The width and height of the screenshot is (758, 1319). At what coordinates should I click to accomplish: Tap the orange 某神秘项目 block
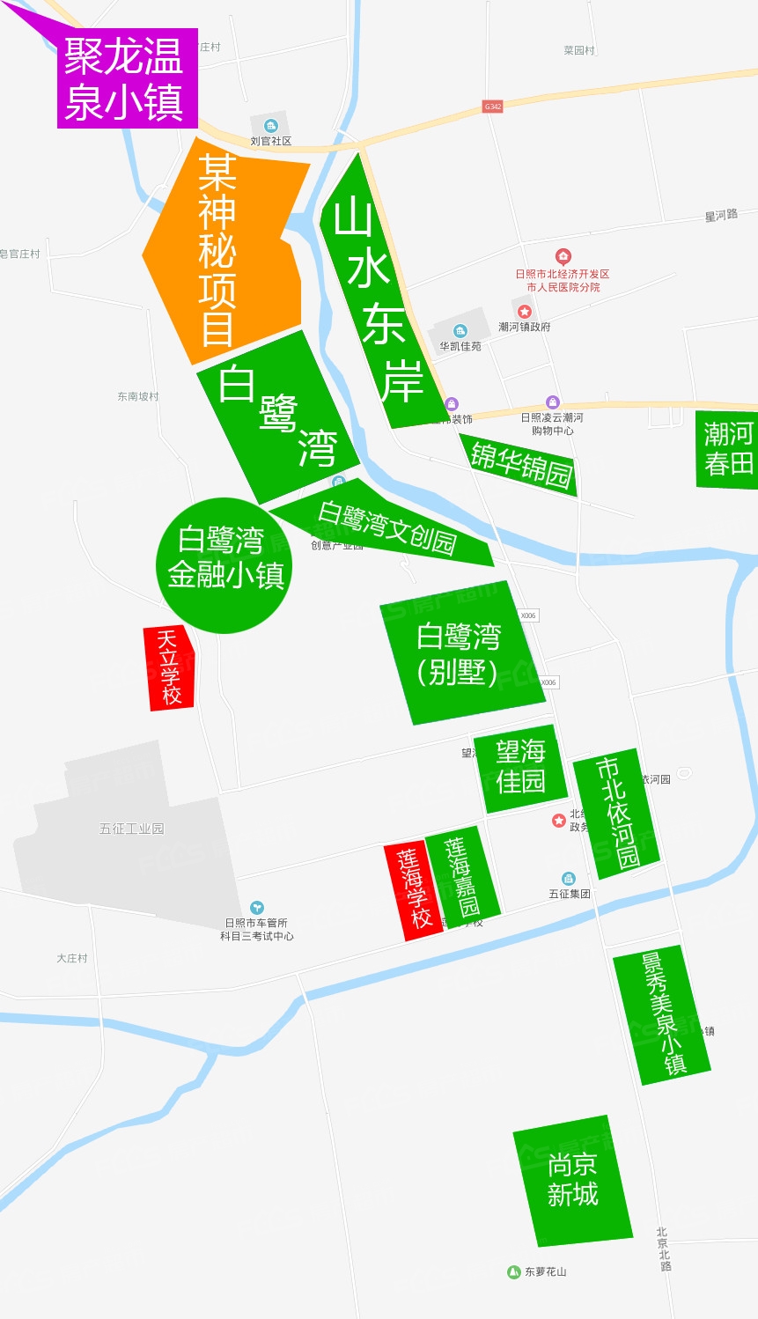(x=224, y=251)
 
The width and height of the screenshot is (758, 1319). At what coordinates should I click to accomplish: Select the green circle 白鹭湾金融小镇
(x=225, y=558)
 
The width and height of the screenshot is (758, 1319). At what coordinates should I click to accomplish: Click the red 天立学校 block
(x=169, y=667)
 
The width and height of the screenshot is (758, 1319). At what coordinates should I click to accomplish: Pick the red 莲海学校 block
(x=412, y=890)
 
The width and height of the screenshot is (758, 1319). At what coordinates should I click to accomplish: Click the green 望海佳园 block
(x=520, y=768)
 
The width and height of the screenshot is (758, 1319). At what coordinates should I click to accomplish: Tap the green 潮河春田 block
(x=727, y=449)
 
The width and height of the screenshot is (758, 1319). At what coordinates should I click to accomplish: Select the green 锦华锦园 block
(x=520, y=464)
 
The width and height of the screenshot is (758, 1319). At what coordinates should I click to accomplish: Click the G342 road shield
(x=493, y=107)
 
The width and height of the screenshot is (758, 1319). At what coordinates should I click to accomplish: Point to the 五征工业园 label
(x=131, y=829)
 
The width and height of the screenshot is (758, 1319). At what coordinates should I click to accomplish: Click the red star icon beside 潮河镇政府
(x=525, y=312)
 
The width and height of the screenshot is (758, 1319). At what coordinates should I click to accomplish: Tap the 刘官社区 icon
(x=270, y=126)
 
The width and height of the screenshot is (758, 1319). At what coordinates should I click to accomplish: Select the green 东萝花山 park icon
(x=514, y=1271)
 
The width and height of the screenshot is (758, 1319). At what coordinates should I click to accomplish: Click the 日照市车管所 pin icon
(x=256, y=907)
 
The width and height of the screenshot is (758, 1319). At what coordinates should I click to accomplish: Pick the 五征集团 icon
(x=569, y=879)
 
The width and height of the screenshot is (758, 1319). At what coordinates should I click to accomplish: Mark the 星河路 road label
(x=721, y=216)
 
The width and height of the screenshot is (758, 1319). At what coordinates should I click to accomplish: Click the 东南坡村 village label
(x=138, y=396)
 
